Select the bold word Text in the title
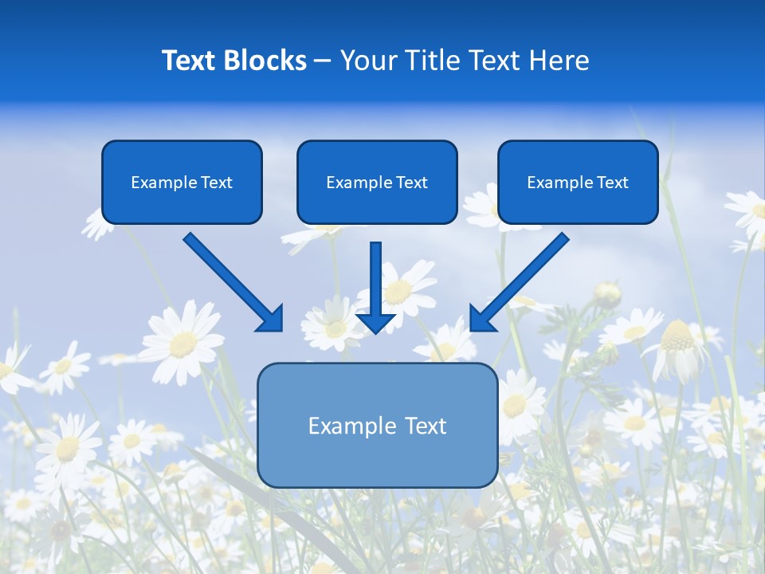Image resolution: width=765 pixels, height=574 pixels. (191, 61)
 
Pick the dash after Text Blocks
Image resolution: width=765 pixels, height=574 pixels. (323, 61)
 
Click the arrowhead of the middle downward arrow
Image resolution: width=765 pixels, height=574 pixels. (376, 322)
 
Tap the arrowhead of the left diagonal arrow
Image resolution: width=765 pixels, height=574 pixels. (271, 319)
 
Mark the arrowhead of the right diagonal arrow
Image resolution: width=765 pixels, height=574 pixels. (482, 319)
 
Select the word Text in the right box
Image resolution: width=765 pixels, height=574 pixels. (612, 183)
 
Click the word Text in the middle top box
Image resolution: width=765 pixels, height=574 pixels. (411, 183)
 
